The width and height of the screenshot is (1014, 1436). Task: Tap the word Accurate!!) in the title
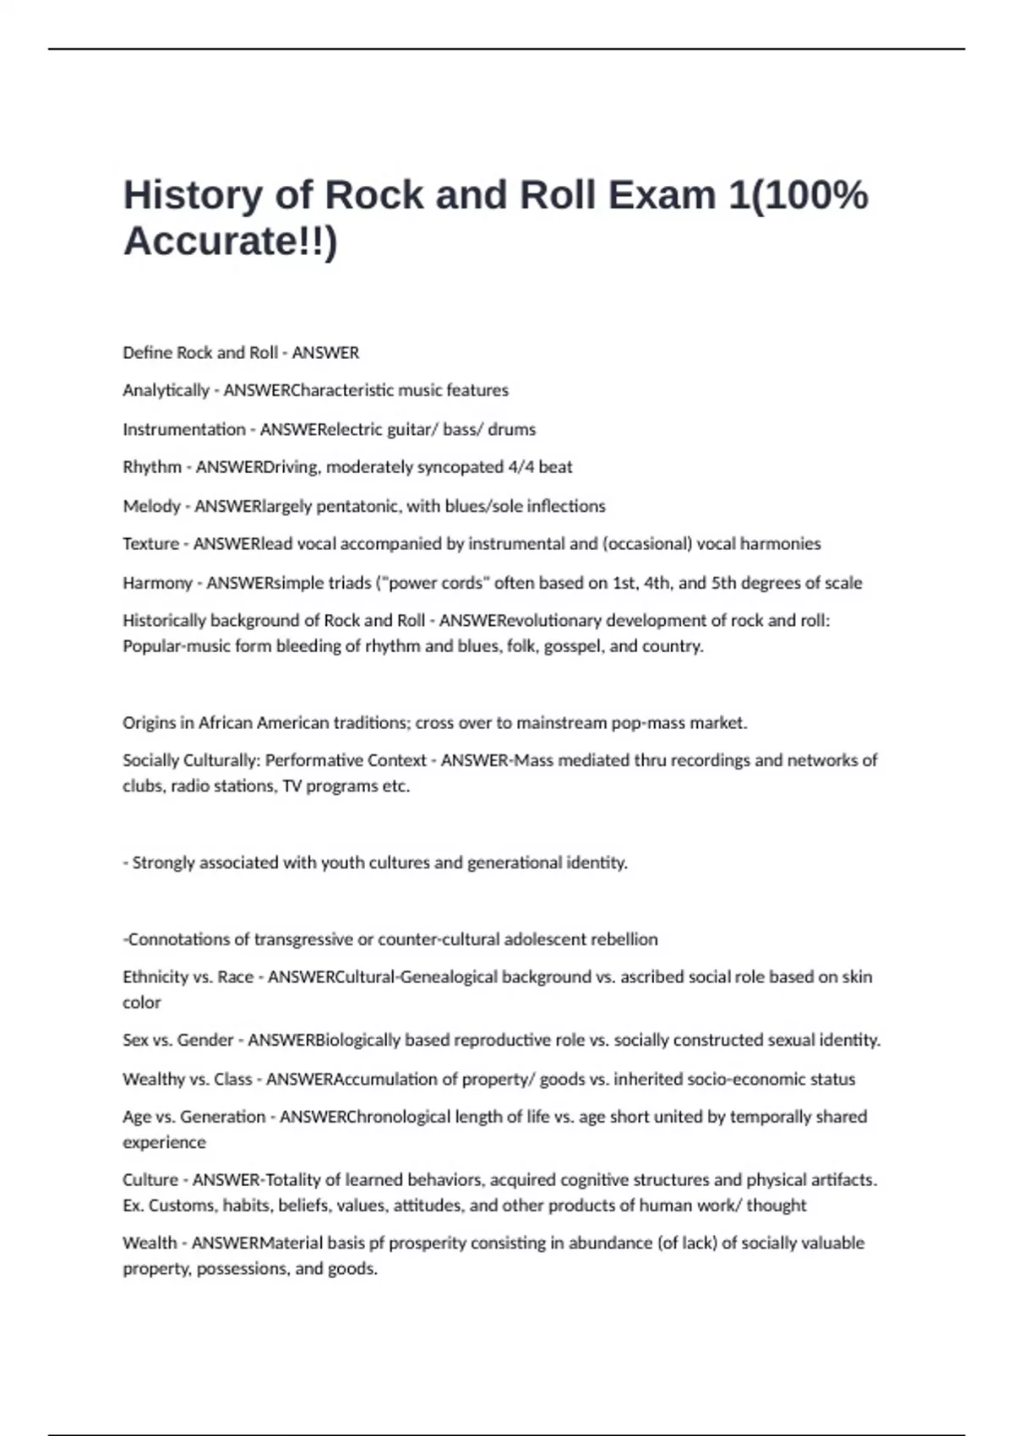tap(230, 241)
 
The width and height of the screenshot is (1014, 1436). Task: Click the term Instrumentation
tap(183, 429)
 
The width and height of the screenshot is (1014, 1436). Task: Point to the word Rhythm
tap(152, 467)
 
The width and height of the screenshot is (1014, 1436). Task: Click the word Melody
tap(151, 506)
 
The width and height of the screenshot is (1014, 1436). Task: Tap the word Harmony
tap(157, 583)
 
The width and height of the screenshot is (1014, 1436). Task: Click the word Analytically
tap(166, 390)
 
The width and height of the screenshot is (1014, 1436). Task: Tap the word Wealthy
tap(153, 1080)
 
